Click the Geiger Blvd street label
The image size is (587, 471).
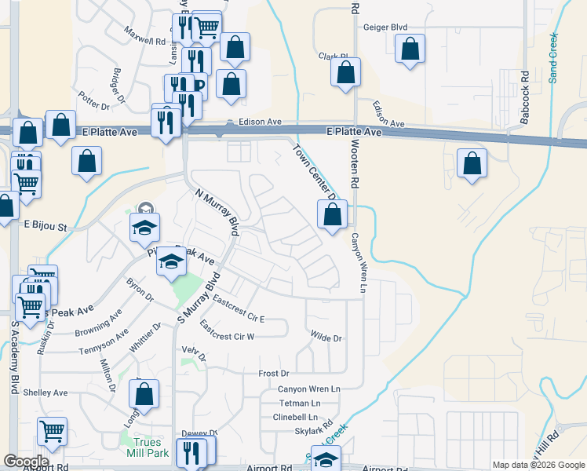pos(385,27)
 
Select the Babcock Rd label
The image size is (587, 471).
pos(524,98)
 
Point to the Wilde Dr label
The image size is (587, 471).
pos(326,338)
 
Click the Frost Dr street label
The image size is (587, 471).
pos(274,374)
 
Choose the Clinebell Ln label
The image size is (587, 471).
pos(295,417)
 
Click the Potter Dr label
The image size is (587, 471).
pos(91,100)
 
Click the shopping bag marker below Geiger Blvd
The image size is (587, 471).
pos(410,49)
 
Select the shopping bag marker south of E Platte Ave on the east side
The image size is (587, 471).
pos(472,164)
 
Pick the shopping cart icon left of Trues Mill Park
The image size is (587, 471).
pos(52,430)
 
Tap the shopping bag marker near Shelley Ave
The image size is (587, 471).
pos(144,394)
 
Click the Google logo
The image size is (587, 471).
pos(26,462)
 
